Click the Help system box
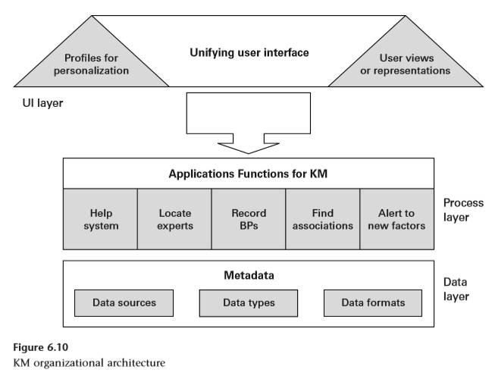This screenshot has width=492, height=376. tap(100, 219)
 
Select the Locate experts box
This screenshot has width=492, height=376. tap(174, 219)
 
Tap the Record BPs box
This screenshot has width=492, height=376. tap(248, 219)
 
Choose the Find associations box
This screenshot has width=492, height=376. tap(322, 219)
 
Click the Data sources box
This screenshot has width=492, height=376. tap(124, 302)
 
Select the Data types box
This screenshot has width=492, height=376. tap(248, 302)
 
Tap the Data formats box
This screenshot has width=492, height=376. tap(371, 302)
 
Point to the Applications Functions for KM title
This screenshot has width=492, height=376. tap(248, 174)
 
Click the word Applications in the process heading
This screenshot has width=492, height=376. tap(204, 174)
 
